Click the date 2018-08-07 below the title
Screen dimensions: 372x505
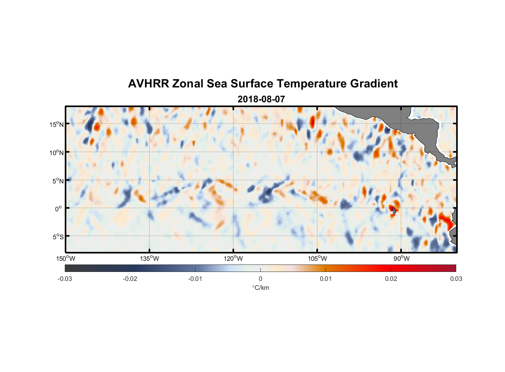[x=261, y=99]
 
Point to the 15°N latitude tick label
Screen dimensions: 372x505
[x=57, y=124]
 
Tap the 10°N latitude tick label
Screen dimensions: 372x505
[x=57, y=153]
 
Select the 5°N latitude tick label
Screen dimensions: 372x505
[x=58, y=181]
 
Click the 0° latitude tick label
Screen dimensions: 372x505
[x=58, y=209]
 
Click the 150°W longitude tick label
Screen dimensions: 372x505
[x=66, y=259]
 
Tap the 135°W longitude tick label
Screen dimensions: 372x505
[x=149, y=259]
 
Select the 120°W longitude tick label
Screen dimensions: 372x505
[x=233, y=259]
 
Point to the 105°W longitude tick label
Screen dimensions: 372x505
[x=317, y=259]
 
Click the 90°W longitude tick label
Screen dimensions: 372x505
[x=401, y=259]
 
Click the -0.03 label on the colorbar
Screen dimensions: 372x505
[x=65, y=279]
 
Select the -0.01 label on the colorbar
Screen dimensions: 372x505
[x=195, y=279]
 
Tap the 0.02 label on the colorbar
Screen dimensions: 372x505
[x=391, y=279]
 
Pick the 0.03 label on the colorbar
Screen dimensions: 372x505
[x=456, y=279]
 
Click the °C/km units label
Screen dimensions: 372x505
[x=260, y=288]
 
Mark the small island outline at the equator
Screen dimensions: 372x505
[x=394, y=211]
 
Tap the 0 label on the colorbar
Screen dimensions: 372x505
[x=260, y=279]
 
